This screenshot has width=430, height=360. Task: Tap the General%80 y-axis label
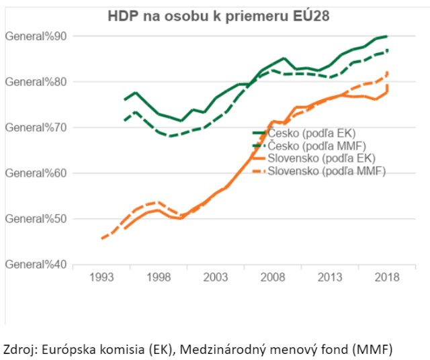coord(36,81)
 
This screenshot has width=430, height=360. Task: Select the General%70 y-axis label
coord(36,127)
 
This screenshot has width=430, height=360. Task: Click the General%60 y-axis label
coord(36,173)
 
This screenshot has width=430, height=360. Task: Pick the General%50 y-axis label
coord(36,218)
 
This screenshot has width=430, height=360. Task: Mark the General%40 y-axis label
coord(36,264)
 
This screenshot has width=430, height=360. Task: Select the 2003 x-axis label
coord(216,277)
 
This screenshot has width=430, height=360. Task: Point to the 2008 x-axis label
coord(273,277)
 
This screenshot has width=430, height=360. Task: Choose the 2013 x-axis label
coord(330,277)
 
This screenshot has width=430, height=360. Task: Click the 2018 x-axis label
coord(387,277)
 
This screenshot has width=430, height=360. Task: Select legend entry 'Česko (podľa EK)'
coord(308,134)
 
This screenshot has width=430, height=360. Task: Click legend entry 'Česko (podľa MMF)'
coord(311,146)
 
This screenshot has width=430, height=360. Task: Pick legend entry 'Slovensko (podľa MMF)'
coord(320,171)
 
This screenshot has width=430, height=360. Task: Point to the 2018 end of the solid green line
coord(386,36)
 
